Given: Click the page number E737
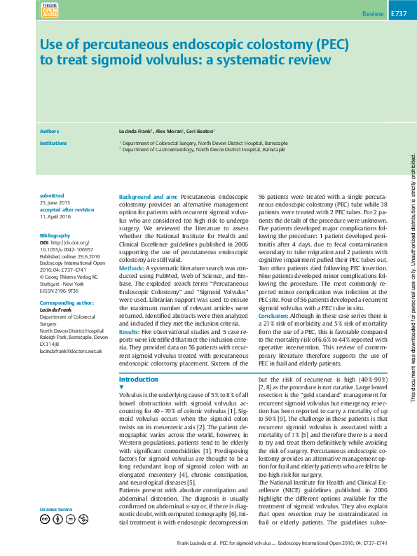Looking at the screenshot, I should (x=398, y=14).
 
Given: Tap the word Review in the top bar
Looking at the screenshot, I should (x=373, y=14).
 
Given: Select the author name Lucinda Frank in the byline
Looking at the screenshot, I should (x=136, y=131).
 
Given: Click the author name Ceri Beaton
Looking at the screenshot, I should (x=200, y=131).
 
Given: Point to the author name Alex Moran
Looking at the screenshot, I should (x=168, y=131).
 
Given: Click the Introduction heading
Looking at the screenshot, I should (x=139, y=379).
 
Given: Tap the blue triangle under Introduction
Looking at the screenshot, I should (x=122, y=387).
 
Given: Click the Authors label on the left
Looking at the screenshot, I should (x=50, y=131).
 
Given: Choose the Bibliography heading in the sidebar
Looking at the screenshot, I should (x=55, y=237).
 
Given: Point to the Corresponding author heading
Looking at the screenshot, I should (x=67, y=303).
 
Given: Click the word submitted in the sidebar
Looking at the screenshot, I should (x=52, y=195).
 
